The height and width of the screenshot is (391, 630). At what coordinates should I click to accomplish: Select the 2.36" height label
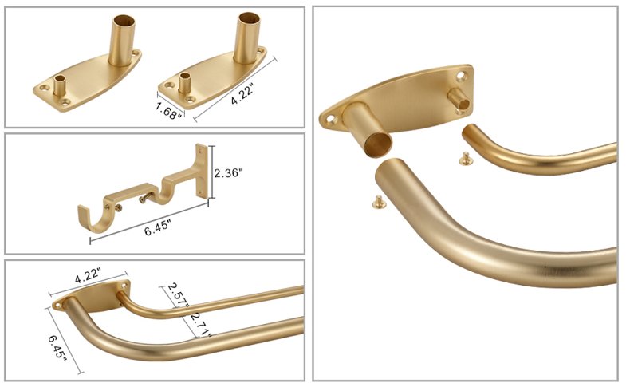pyautogui.click(x=229, y=173)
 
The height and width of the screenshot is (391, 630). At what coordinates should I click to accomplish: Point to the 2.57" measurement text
pyautogui.click(x=177, y=295)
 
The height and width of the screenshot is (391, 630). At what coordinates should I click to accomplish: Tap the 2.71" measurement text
pyautogui.click(x=200, y=324)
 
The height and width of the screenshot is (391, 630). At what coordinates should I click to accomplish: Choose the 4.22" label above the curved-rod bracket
pyautogui.click(x=88, y=277)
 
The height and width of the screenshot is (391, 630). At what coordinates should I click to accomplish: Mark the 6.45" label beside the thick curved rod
pyautogui.click(x=57, y=348)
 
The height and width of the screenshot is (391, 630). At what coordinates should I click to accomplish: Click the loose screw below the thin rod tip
pyautogui.click(x=466, y=159)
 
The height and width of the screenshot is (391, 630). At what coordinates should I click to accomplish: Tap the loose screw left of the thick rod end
pyautogui.click(x=379, y=203)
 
